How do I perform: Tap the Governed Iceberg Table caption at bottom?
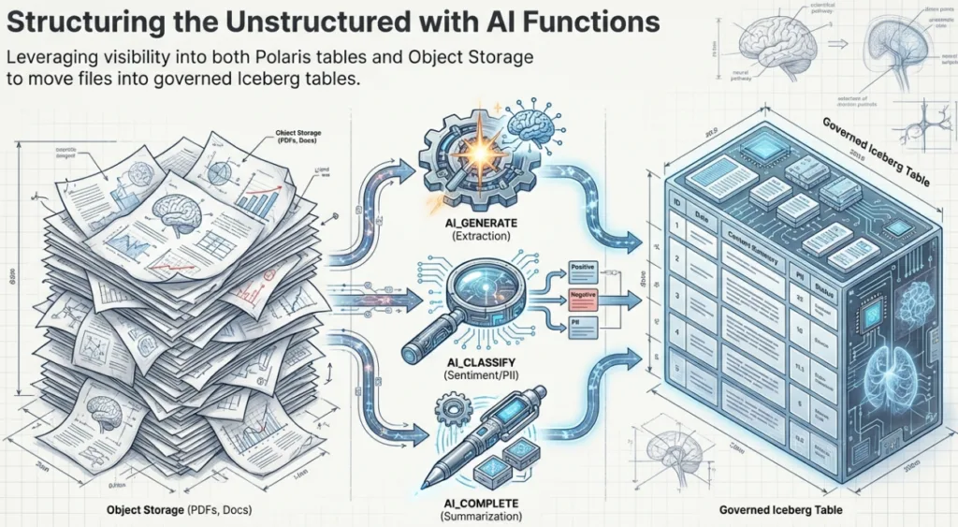click(x=781, y=511)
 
